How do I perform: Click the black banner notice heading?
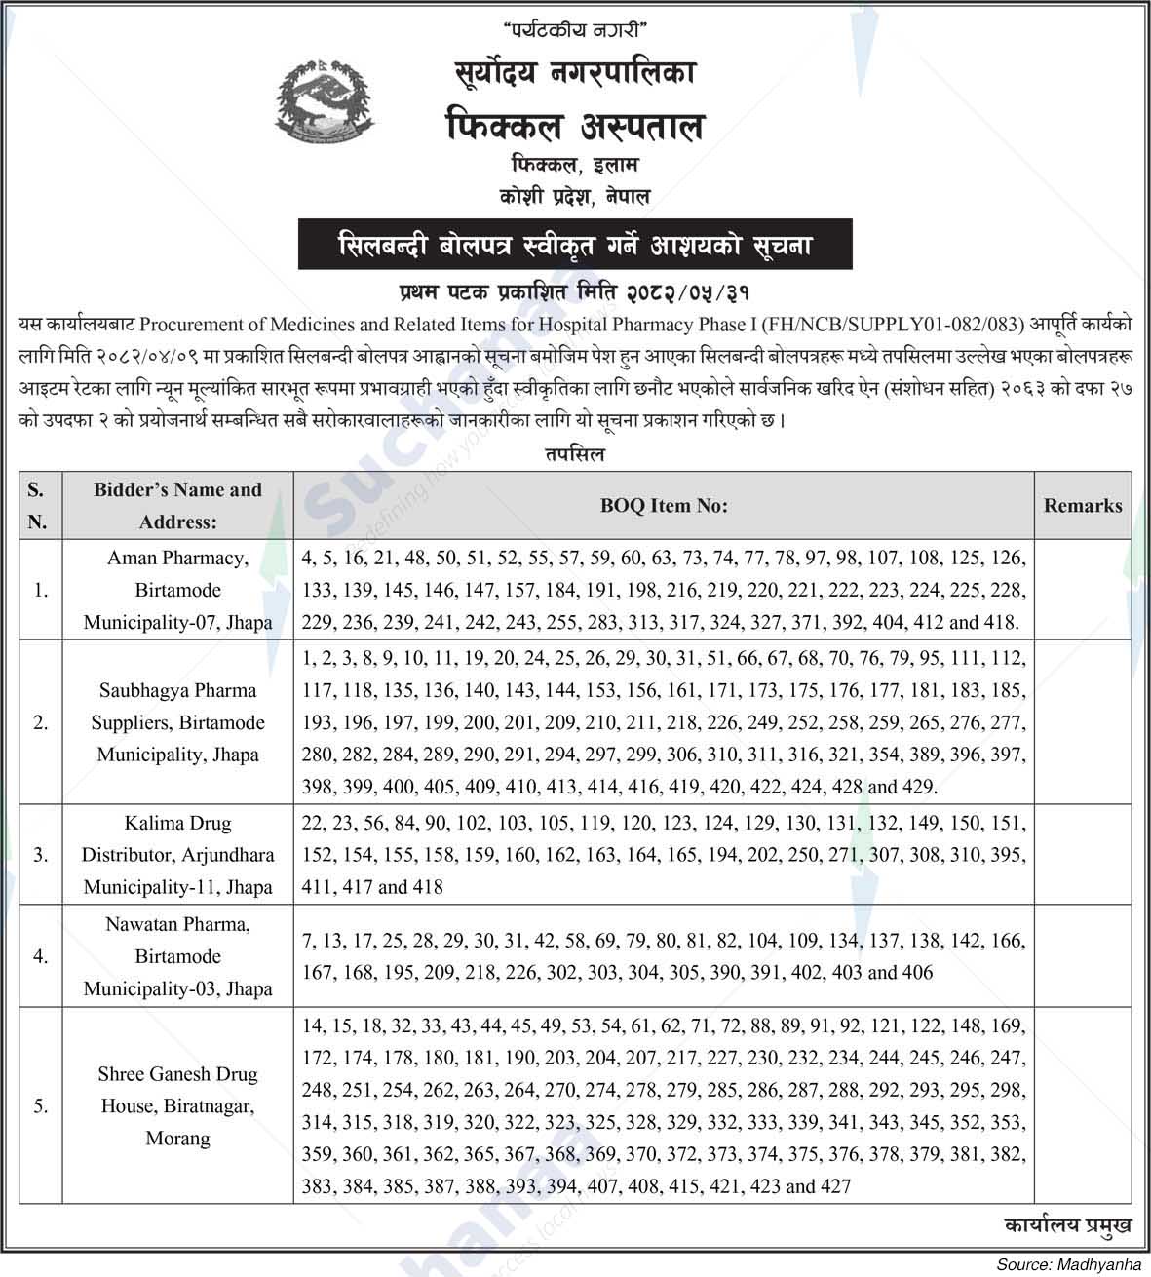(x=575, y=244)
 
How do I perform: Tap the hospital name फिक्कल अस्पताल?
(x=574, y=127)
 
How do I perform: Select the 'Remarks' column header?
(x=1082, y=506)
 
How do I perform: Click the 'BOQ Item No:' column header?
(x=664, y=506)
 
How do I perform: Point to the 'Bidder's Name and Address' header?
(x=177, y=506)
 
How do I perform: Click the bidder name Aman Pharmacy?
(x=177, y=559)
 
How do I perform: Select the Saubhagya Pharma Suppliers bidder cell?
(x=177, y=722)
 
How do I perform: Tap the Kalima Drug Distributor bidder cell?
(x=177, y=855)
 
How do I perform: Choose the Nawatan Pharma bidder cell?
(x=177, y=956)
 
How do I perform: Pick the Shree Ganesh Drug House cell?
(x=177, y=1105)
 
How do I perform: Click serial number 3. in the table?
(x=41, y=855)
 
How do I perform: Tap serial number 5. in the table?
(x=41, y=1105)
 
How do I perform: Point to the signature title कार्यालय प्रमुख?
(x=1067, y=1226)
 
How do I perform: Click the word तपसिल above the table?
(x=575, y=454)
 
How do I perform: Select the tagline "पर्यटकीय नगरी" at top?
(x=575, y=31)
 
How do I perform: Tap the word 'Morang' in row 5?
(x=177, y=1138)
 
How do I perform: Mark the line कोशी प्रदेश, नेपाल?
(x=574, y=197)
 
